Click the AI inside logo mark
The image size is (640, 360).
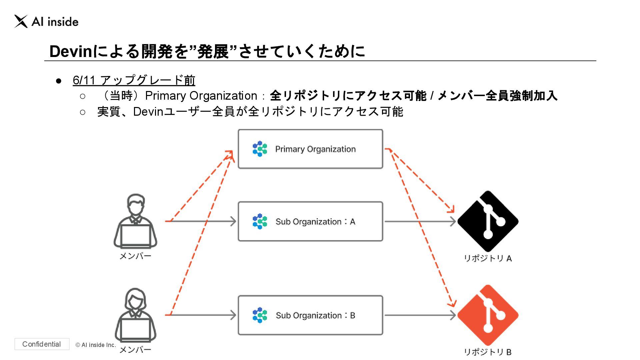pyautogui.click(x=21, y=22)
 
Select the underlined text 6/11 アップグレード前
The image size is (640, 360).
pyautogui.click(x=134, y=80)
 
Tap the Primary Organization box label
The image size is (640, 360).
pyautogui.click(x=315, y=149)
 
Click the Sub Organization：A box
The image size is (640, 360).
pyautogui.click(x=310, y=221)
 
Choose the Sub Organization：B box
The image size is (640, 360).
pyautogui.click(x=310, y=315)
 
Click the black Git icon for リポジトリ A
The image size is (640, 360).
pyautogui.click(x=488, y=221)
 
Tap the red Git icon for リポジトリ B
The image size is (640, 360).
pyautogui.click(x=488, y=315)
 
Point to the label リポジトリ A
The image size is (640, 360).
pyautogui.click(x=488, y=258)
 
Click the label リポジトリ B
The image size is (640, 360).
pyautogui.click(x=488, y=352)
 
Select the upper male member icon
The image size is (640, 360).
pyautogui.click(x=135, y=221)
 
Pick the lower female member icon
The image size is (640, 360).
pyautogui.click(x=135, y=315)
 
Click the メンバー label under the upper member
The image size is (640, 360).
pyautogui.click(x=135, y=256)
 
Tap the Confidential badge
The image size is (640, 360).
pyautogui.click(x=42, y=344)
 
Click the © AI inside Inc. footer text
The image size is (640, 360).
pyautogui.click(x=96, y=345)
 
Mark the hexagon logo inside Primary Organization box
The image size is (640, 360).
pyautogui.click(x=260, y=149)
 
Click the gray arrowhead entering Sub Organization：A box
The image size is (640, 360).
pyautogui.click(x=233, y=221)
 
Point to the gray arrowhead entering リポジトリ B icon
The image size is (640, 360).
pyautogui.click(x=453, y=315)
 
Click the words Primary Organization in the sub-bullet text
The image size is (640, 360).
pyautogui.click(x=201, y=96)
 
